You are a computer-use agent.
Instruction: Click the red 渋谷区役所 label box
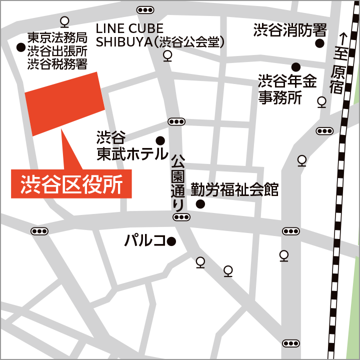(x=71, y=184)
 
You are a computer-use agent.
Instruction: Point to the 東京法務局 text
(x=57, y=37)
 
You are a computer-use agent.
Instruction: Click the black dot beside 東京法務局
(x=20, y=47)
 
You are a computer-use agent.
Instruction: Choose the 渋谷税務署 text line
(x=57, y=63)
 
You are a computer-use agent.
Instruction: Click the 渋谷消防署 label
(x=290, y=30)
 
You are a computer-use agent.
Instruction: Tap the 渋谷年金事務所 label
(x=287, y=89)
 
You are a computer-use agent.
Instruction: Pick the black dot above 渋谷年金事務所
(x=296, y=66)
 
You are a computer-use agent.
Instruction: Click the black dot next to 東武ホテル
(x=160, y=140)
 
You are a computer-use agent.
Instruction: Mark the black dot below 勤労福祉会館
(x=200, y=204)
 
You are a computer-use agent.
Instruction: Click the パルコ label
(x=144, y=241)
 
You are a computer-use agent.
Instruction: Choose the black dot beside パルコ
(x=171, y=242)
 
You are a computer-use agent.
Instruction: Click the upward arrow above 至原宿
(x=342, y=38)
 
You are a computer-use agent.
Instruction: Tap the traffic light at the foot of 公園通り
(x=181, y=217)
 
